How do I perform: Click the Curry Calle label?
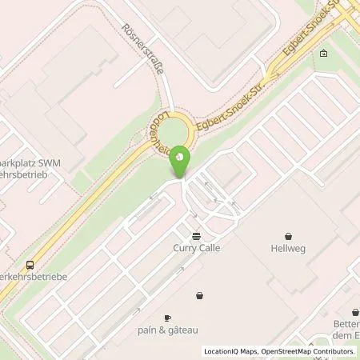tap(196, 247)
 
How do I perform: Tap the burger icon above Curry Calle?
tap(196, 235)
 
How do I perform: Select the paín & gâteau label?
tap(167, 329)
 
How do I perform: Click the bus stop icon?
tap(30, 265)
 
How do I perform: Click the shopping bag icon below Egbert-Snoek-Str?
tap(322, 54)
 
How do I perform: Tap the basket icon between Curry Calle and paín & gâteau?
tap(198, 296)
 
